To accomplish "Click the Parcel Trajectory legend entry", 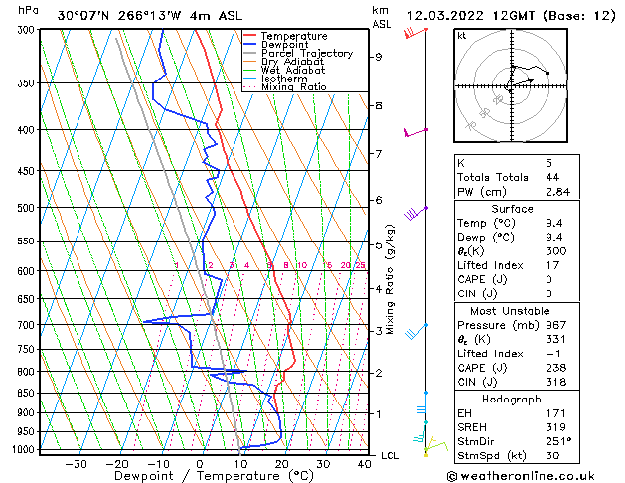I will pos(306,53).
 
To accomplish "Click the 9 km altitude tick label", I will pos(379,57).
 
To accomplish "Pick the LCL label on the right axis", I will pos(391,455).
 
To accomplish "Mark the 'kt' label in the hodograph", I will pos(462,36).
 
